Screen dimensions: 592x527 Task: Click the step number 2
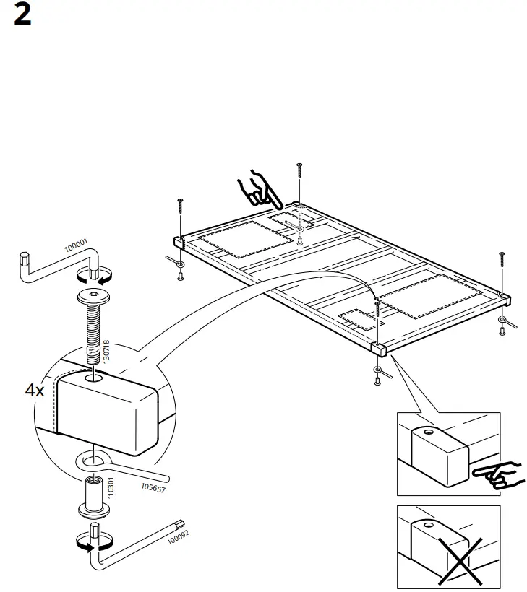pyautogui.click(x=22, y=15)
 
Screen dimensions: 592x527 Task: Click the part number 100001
pyautogui.click(x=75, y=247)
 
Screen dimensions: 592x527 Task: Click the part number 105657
pyautogui.click(x=155, y=487)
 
